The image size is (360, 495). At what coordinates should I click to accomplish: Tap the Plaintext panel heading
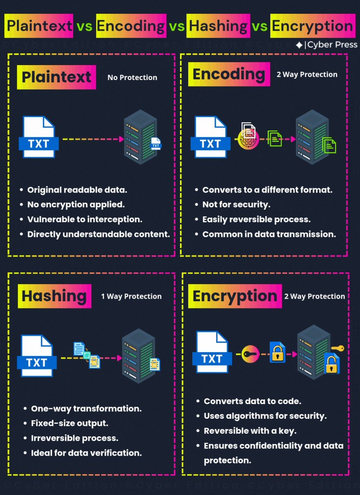tap(56, 77)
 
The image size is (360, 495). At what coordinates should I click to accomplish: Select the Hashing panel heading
tap(54, 296)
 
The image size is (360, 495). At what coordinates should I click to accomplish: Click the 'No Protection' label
tap(132, 78)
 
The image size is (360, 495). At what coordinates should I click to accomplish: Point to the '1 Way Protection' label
tap(131, 296)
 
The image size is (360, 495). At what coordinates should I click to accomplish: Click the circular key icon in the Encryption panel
tap(250, 354)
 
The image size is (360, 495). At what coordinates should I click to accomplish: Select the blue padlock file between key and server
tap(277, 352)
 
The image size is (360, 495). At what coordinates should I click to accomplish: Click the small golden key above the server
tap(337, 347)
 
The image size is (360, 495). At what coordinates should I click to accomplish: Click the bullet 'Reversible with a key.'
tap(250, 431)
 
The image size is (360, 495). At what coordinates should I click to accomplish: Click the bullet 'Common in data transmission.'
tap(269, 234)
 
